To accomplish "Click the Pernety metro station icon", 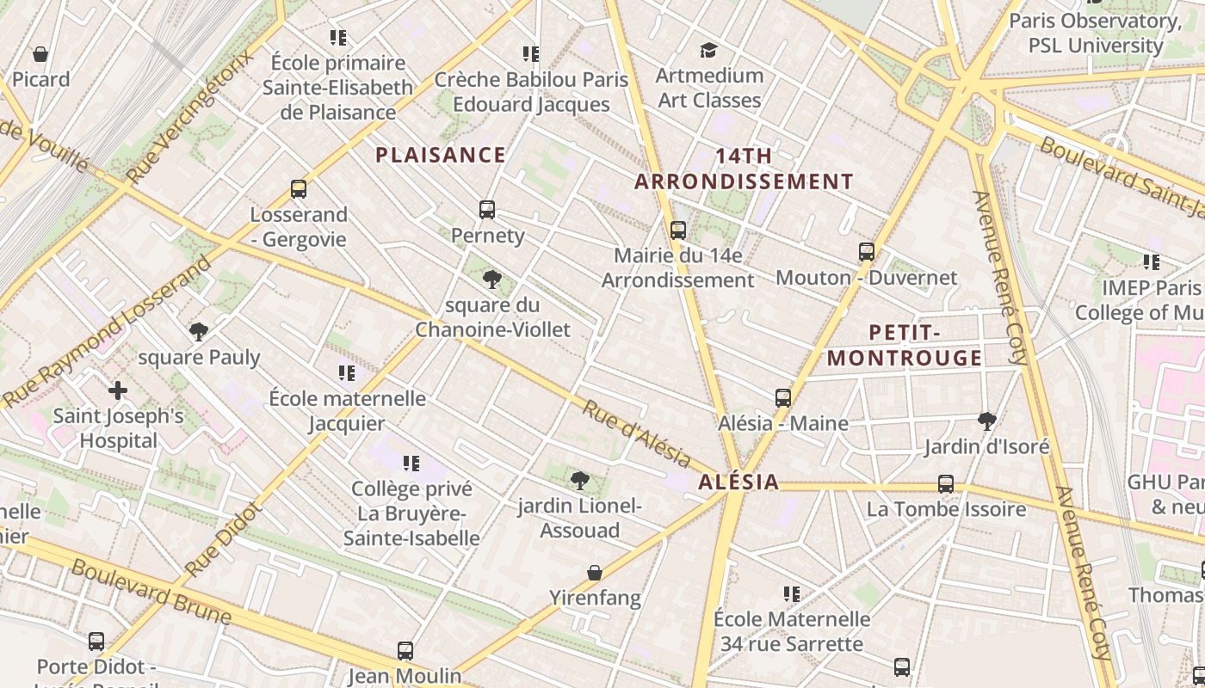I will click(x=487, y=209).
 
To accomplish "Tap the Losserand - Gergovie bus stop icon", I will click(x=299, y=188).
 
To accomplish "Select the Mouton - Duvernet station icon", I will click(x=867, y=252).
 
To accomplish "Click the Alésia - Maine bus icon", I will click(x=783, y=397).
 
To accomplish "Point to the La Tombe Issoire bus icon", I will click(x=946, y=483).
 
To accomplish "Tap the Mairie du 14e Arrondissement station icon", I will click(x=678, y=230).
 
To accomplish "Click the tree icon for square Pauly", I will click(x=199, y=331).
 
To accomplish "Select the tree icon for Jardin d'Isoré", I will click(x=987, y=421).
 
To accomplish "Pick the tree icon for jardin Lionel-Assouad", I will click(x=580, y=480).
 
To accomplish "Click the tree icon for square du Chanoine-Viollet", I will click(x=492, y=279).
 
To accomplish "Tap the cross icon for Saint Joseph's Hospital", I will click(x=118, y=390).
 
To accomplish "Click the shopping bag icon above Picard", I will click(x=40, y=54).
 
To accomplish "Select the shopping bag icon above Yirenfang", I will click(x=595, y=572).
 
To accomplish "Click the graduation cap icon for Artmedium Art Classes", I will click(x=708, y=50).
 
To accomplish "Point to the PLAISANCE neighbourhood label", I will click(x=441, y=155).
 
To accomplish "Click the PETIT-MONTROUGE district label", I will click(x=905, y=345).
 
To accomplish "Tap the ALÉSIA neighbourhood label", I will click(x=738, y=482).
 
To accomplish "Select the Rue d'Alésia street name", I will click(x=636, y=433).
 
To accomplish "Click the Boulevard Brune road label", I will click(x=151, y=592).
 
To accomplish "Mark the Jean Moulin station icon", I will click(x=405, y=650).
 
